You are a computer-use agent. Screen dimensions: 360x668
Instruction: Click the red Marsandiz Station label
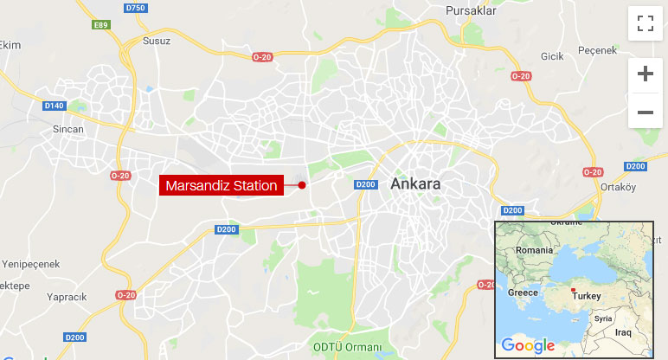click(x=222, y=185)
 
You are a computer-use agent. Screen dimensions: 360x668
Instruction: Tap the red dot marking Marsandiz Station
click(x=302, y=185)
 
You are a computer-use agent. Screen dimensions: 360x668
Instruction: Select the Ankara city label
click(x=416, y=184)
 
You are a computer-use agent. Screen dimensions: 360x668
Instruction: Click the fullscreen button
click(x=645, y=23)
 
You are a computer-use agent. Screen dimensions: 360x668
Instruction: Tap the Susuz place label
click(x=157, y=41)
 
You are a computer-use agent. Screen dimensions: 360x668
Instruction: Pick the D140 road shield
click(x=54, y=106)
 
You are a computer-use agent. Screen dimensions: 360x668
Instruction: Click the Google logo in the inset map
click(x=528, y=345)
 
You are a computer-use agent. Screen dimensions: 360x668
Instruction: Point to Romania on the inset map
click(x=534, y=249)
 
